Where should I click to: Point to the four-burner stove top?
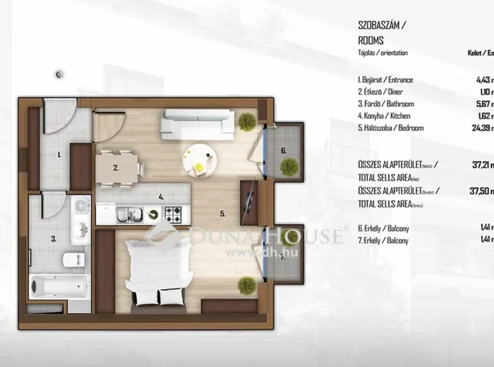(174, 214)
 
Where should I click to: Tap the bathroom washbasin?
(80, 232)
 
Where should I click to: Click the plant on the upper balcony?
(289, 167)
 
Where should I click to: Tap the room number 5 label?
(222, 214)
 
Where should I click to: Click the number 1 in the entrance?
(58, 154)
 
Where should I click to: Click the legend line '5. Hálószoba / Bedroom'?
(390, 128)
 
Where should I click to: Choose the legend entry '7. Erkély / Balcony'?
(383, 240)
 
